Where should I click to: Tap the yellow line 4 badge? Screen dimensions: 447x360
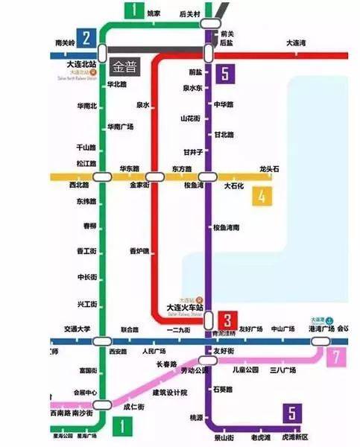pyautogui.click(x=262, y=196)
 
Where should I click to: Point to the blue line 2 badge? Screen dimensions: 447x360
pyautogui.click(x=87, y=38)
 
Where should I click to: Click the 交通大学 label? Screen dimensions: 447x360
pyautogui.click(x=77, y=329)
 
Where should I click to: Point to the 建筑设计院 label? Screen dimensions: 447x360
pyautogui.click(x=170, y=393)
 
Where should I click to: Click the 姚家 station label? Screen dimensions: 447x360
pyautogui.click(x=154, y=13)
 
